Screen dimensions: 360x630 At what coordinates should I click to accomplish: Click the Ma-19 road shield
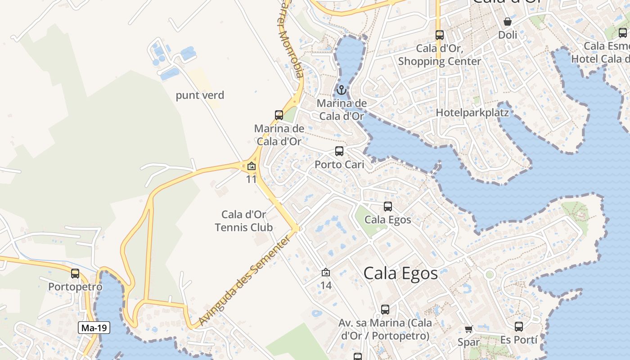coord(94,328)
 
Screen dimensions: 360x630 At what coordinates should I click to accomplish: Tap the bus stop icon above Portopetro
coord(75,273)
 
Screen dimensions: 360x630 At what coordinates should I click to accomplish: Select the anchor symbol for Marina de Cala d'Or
coord(342,90)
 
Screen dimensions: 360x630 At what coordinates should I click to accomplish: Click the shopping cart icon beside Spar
coord(469,329)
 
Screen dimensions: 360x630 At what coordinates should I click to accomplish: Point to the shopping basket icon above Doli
coord(508,21)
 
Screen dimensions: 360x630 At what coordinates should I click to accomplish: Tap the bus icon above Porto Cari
coord(339,151)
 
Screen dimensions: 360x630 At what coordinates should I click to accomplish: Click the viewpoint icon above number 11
coord(252,166)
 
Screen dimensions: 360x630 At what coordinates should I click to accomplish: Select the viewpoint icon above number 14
coord(326,272)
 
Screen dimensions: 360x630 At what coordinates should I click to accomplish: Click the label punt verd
coord(200,95)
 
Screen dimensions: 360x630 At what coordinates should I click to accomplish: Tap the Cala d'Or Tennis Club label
coord(244,221)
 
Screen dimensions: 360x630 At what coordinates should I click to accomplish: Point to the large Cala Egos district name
coord(400,273)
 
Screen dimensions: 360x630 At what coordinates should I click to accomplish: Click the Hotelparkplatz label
coord(472,112)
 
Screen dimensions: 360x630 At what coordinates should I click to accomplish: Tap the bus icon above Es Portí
coord(519,326)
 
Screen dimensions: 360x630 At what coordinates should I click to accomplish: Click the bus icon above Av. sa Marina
coord(385,309)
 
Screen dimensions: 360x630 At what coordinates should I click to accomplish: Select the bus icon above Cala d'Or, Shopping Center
coord(440,35)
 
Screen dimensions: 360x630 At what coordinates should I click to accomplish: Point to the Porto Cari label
coord(339,165)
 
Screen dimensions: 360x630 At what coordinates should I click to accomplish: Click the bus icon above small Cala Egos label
coord(388,207)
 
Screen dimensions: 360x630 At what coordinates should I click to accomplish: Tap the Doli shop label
coord(508,35)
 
